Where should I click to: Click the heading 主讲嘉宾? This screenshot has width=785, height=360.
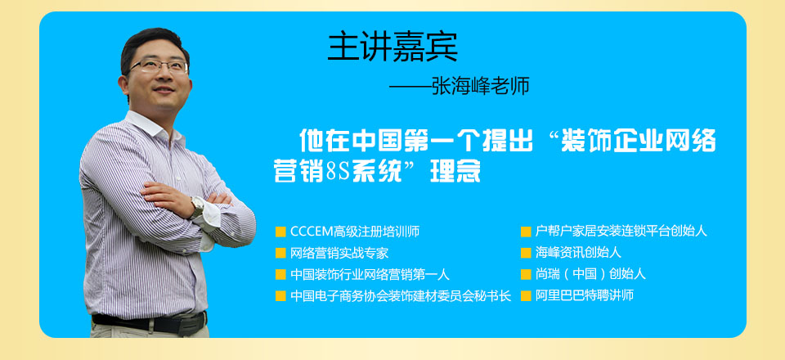(x=392, y=47)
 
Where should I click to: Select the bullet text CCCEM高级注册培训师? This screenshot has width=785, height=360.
(x=354, y=232)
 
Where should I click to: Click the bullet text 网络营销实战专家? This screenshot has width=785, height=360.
(x=339, y=253)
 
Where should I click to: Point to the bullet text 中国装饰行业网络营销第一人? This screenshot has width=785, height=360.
(x=370, y=274)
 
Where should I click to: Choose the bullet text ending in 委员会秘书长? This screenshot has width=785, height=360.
(x=401, y=296)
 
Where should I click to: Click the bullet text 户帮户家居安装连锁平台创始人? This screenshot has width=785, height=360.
(x=621, y=232)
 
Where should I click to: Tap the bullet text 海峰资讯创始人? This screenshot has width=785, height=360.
(x=578, y=253)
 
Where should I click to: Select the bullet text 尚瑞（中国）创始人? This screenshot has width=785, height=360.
(x=590, y=274)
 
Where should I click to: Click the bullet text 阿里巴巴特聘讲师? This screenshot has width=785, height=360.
(x=584, y=295)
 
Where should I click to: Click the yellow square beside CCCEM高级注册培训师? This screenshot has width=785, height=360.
(x=280, y=232)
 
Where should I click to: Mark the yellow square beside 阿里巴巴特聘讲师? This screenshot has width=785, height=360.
(x=526, y=296)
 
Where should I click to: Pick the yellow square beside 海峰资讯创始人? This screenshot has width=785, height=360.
(x=526, y=254)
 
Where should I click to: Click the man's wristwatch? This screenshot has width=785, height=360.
(x=197, y=207)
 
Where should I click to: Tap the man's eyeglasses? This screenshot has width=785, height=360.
(x=159, y=66)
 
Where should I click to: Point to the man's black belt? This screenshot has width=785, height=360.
(x=150, y=322)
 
